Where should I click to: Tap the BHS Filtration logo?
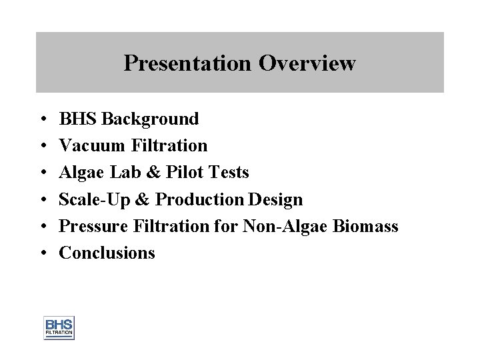(59, 327)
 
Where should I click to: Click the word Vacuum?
(92, 146)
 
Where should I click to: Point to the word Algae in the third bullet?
(79, 173)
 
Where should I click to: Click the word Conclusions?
(107, 253)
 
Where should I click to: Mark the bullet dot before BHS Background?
(42, 120)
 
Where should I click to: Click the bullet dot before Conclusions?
(42, 253)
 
